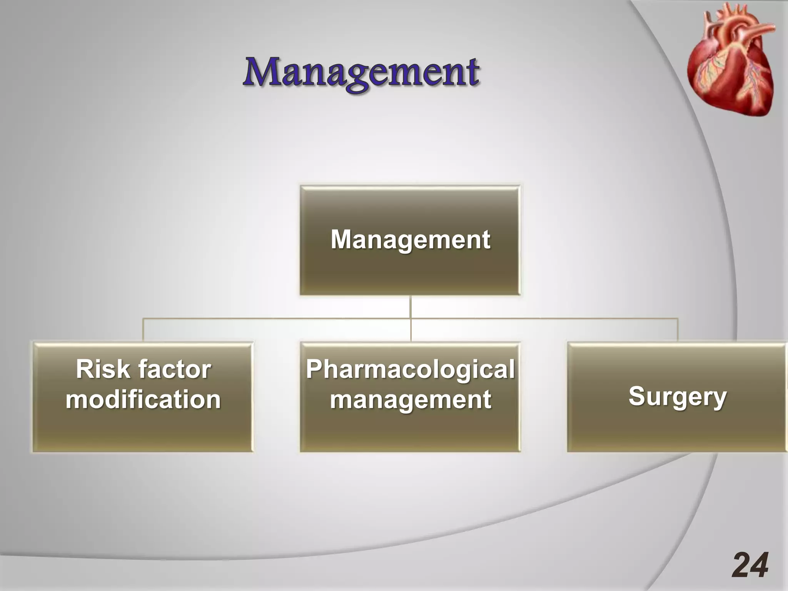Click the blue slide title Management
pos(361,73)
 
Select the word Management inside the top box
pos(410,239)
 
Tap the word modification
pos(143,399)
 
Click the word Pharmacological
pos(410,369)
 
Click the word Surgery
pos(677,396)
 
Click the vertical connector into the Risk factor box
pos(143,330)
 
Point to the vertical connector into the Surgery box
pos(677,330)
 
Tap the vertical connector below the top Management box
pos(411,307)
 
